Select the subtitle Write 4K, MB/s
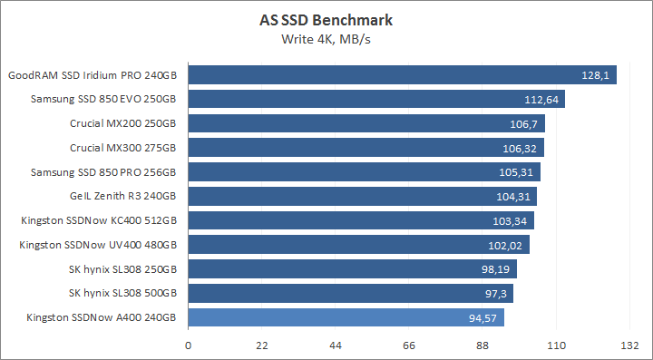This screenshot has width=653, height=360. (x=326, y=39)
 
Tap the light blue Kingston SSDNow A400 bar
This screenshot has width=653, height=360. (x=345, y=317)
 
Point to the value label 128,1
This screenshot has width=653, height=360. (x=594, y=74)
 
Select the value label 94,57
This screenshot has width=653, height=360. (x=482, y=317)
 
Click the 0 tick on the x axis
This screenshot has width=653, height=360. (x=188, y=345)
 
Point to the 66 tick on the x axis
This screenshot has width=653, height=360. (x=409, y=345)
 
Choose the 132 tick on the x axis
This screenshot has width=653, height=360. (x=630, y=345)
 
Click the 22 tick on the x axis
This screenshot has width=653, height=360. (x=261, y=345)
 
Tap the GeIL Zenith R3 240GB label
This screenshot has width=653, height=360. (x=122, y=196)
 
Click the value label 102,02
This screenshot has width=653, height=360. (x=505, y=245)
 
